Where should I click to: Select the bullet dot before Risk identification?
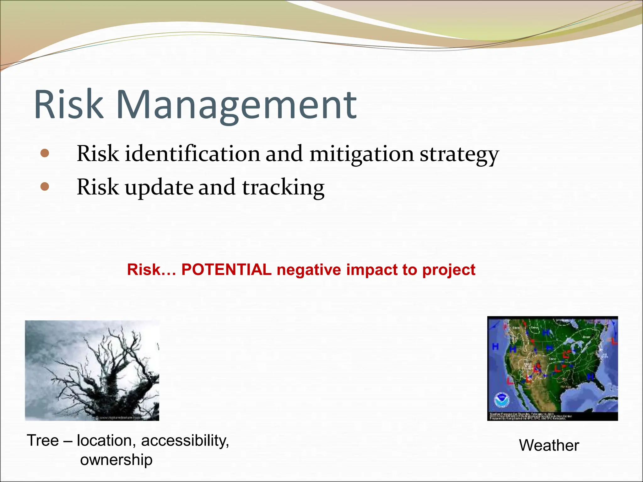click(x=45, y=153)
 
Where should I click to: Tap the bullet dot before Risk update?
click(x=45, y=187)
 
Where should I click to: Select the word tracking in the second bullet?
click(x=283, y=188)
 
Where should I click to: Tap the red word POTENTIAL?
click(x=226, y=270)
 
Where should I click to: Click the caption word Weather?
click(x=549, y=445)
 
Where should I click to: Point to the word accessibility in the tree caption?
click(x=185, y=441)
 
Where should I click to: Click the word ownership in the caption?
click(x=116, y=460)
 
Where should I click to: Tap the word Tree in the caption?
click(x=43, y=440)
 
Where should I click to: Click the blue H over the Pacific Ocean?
click(x=495, y=347)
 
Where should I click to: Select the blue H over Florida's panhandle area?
click(x=591, y=376)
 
